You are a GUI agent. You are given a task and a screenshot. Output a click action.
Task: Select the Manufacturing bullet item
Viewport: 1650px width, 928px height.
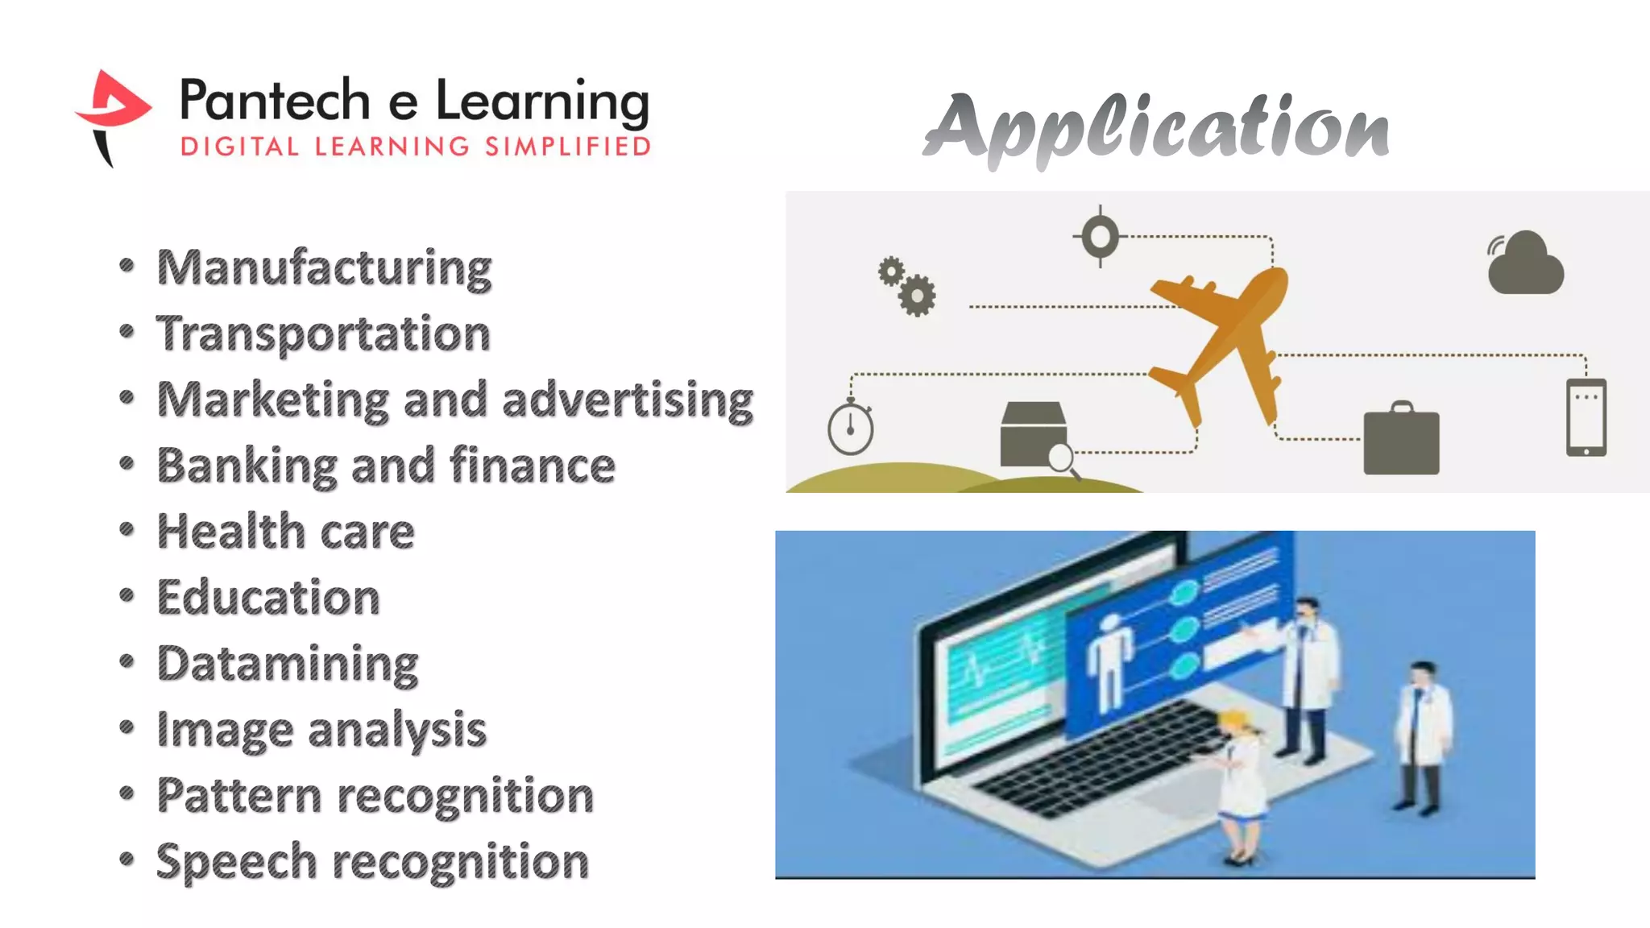[x=324, y=268]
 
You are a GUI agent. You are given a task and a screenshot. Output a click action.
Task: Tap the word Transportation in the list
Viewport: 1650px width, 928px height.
[x=323, y=333]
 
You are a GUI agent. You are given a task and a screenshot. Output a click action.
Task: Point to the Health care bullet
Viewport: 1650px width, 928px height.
[x=285, y=532]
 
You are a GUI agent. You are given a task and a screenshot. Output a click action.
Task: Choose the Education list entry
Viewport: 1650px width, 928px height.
[x=268, y=598]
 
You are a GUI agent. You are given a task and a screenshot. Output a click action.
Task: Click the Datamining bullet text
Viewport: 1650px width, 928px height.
[x=288, y=665]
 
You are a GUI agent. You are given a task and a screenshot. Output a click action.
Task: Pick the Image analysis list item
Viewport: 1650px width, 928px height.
[x=321, y=731]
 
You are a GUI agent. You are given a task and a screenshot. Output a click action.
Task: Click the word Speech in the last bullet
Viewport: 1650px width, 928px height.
[x=237, y=863]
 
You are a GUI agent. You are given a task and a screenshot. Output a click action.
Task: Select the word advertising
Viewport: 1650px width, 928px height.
[x=628, y=400]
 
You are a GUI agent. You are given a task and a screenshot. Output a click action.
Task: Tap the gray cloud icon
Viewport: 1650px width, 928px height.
[x=1525, y=263]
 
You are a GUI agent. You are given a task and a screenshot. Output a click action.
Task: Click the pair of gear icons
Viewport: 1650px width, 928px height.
[x=907, y=286]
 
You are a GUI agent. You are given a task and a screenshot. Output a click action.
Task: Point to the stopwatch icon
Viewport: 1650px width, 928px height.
[x=851, y=427]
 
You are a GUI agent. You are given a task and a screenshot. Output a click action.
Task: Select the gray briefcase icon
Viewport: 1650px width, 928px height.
[x=1401, y=439]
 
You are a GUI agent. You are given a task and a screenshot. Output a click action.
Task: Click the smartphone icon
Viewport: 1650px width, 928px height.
[x=1586, y=417]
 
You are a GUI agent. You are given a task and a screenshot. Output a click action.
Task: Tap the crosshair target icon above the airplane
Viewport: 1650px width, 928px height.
[x=1100, y=237]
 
